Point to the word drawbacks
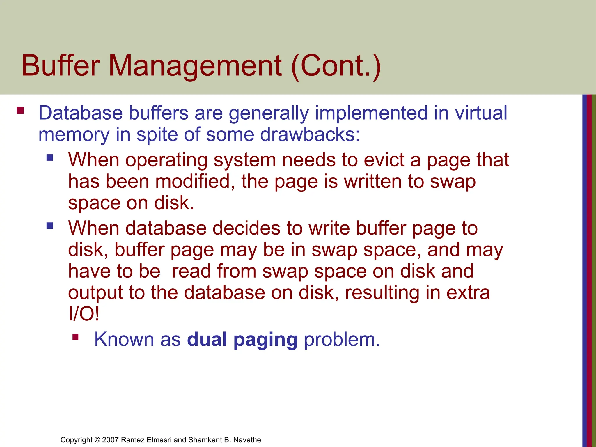click(x=310, y=134)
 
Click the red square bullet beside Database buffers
click(x=20, y=111)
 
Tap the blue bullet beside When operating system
click(x=50, y=158)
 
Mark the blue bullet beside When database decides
click(x=50, y=226)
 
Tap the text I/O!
click(x=84, y=314)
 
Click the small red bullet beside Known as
click(x=76, y=337)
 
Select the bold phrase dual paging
click(x=242, y=340)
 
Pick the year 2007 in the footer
click(x=111, y=440)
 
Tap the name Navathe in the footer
click(x=247, y=440)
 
